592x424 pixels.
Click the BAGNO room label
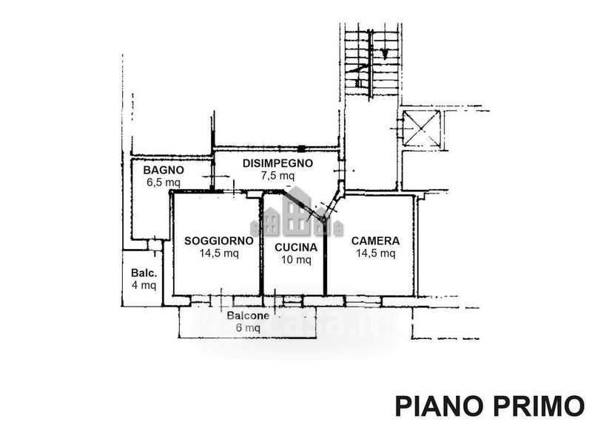[164, 169]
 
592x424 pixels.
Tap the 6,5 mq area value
[164, 181]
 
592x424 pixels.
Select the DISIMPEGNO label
[277, 163]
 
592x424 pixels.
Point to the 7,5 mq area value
[277, 176]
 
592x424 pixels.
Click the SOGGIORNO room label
[219, 241]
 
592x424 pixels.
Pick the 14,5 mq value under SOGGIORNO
[219, 253]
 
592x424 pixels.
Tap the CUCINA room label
[296, 247]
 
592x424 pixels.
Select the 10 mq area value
[296, 259]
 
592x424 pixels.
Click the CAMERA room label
[375, 241]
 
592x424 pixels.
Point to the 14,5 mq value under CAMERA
[375, 253]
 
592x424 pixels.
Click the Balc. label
[144, 271]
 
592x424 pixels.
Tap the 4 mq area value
[144, 284]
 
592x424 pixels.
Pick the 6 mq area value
[248, 328]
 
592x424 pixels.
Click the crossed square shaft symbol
[420, 129]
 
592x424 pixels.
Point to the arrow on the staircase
[385, 52]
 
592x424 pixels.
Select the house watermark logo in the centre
[296, 211]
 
